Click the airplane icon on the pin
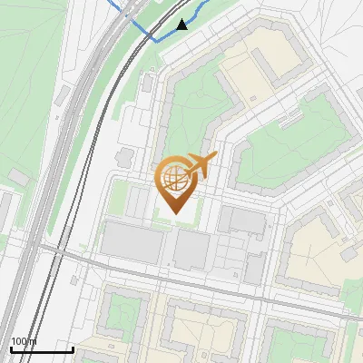pos(201,165)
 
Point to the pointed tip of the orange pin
pos(174,212)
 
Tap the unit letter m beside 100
pos(34,341)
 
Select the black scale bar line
pos(41,348)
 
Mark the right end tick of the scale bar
pos(72,347)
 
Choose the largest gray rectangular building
pos(132,240)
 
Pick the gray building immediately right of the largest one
pos(190,249)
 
